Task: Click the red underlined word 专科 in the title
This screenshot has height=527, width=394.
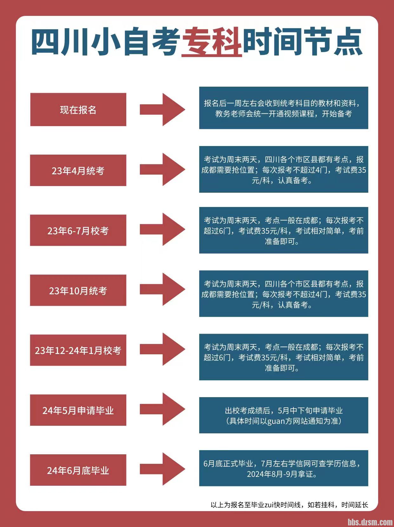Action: click(212, 42)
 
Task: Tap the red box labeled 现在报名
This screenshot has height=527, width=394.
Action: click(78, 110)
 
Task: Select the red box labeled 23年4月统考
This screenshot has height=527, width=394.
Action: click(78, 170)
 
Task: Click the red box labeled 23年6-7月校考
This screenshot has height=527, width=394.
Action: click(78, 230)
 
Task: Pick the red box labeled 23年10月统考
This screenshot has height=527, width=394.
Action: click(78, 290)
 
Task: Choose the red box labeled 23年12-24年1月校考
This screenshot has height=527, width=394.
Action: click(78, 350)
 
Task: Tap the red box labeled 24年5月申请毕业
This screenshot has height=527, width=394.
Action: click(78, 410)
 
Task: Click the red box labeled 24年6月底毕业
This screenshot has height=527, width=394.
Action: click(78, 470)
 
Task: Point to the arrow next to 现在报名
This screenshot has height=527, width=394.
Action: click(162, 110)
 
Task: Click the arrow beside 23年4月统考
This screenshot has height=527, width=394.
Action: click(162, 170)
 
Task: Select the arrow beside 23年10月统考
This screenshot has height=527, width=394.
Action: click(162, 289)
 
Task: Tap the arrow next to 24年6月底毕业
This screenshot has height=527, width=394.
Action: click(162, 469)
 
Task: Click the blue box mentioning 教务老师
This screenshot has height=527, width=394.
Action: click(283, 108)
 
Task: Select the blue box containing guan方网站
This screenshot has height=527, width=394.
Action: click(283, 415)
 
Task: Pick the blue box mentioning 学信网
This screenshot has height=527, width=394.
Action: click(283, 468)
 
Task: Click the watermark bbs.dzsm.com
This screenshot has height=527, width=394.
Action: click(370, 522)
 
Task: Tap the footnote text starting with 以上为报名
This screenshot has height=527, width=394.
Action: click(289, 505)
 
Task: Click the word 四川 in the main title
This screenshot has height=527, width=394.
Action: click(60, 42)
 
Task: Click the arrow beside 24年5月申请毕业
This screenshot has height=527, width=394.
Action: click(162, 409)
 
